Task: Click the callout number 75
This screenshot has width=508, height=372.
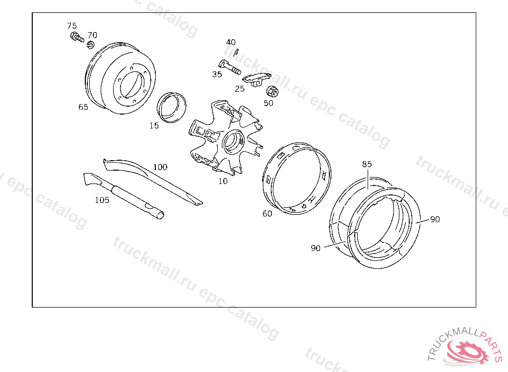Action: [x=72, y=26]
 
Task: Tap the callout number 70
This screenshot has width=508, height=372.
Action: [x=92, y=35]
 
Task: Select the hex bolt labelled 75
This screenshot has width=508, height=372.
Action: [x=77, y=37]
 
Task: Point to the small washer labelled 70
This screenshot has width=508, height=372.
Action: [x=90, y=45]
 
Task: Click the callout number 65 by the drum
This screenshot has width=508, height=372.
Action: [x=83, y=107]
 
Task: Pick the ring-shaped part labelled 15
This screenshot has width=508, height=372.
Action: [x=171, y=107]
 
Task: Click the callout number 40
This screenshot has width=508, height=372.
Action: [x=231, y=42]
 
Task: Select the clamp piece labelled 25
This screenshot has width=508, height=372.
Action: [x=257, y=79]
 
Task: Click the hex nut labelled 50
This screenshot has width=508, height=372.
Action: [x=272, y=91]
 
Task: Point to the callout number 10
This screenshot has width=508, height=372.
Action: [x=223, y=181]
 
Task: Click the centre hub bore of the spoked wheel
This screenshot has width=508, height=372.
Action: [x=233, y=141]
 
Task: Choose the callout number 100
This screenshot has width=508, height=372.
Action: [x=160, y=167]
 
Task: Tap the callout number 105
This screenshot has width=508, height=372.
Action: [x=102, y=200]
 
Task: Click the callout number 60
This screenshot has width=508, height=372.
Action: [x=267, y=214]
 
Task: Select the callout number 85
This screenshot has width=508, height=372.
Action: [x=367, y=164]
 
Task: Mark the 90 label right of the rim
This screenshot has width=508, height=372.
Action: [x=435, y=219]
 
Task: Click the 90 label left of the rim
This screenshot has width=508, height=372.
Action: [x=316, y=248]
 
